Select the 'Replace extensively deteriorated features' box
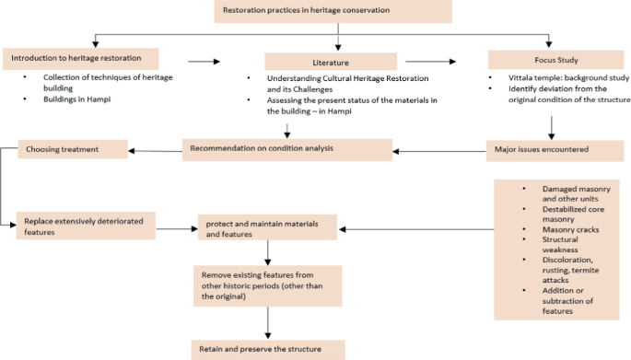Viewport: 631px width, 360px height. point(85,226)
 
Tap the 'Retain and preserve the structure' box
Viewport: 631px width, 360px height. point(268,349)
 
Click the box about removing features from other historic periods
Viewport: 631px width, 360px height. point(266,285)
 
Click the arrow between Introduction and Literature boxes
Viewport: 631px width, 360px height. point(204,62)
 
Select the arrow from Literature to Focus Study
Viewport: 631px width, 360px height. point(438,62)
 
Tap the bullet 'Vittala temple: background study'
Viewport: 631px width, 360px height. point(562,78)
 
